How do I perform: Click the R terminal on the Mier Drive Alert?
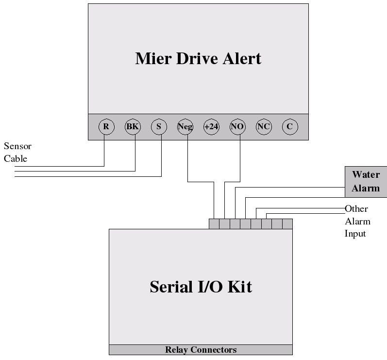[106, 127]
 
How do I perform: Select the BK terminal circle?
[133, 127]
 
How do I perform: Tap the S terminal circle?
[159, 127]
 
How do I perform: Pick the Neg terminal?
[185, 127]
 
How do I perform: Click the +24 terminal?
[211, 127]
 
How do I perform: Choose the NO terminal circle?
[237, 127]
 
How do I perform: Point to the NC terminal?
[264, 127]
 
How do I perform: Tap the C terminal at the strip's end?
[290, 127]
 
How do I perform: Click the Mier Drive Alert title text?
[198, 58]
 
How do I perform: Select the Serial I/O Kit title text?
[201, 287]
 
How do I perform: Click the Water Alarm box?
[366, 181]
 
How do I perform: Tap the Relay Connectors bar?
[201, 350]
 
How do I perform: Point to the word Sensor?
[17, 146]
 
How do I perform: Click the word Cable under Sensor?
[16, 158]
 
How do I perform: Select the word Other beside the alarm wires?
[356, 209]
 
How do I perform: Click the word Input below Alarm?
[355, 234]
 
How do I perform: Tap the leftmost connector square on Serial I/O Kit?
[214, 224]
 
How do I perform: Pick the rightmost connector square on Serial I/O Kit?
[287, 224]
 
